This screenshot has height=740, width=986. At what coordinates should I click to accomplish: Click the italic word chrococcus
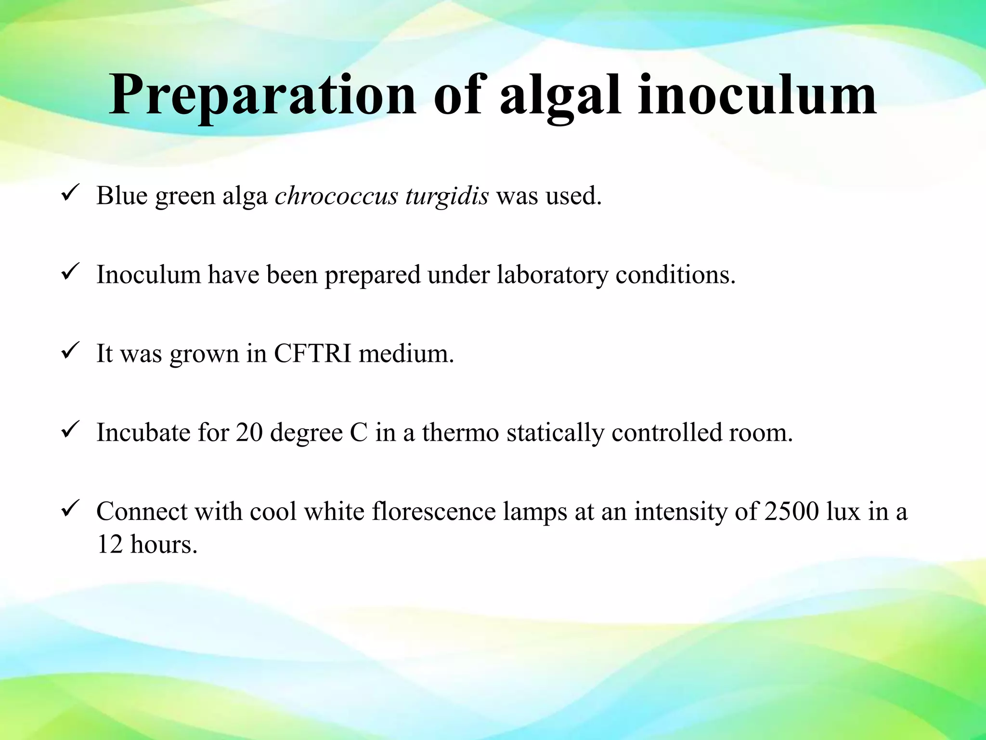(336, 196)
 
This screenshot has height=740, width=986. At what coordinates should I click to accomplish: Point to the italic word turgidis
(447, 196)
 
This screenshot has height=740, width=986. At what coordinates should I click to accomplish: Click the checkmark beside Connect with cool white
(70, 509)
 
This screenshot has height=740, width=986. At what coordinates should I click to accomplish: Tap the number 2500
(791, 511)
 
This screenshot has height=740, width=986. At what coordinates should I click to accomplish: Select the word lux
(843, 511)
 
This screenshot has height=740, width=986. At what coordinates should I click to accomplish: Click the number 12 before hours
(109, 544)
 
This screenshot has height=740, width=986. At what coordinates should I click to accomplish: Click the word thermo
(460, 432)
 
